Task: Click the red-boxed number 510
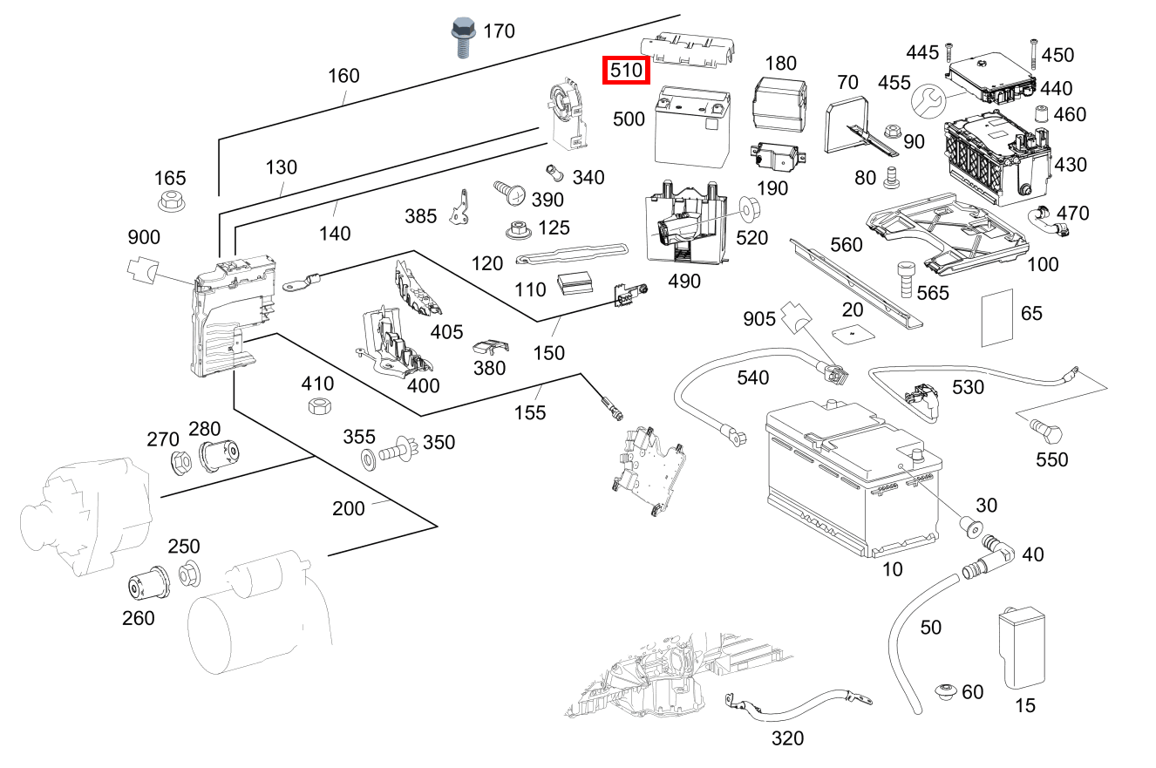point(627,70)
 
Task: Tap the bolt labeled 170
point(462,37)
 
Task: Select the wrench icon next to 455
point(928,102)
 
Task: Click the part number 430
point(1071,164)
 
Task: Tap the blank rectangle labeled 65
point(999,318)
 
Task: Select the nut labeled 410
point(319,406)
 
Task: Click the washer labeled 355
point(369,458)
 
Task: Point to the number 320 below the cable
point(787,739)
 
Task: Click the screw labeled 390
point(507,191)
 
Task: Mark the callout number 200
point(349,508)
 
